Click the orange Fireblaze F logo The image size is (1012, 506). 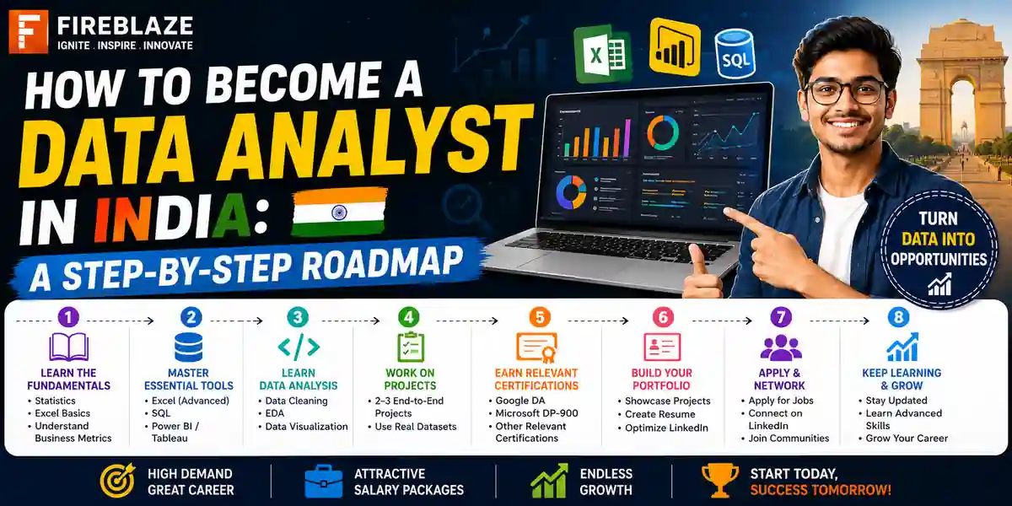28,32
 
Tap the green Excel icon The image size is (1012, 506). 602,54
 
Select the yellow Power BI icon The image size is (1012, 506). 675,47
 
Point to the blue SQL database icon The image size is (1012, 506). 735,54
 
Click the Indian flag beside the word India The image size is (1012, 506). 339,213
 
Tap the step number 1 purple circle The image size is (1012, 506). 68,317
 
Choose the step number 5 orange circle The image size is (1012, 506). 540,317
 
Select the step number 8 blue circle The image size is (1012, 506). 898,317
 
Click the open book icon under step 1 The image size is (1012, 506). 68,347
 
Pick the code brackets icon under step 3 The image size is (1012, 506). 299,347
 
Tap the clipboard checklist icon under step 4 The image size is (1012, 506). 410,347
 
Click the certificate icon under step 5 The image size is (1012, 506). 536,347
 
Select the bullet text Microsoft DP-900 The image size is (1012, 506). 536,413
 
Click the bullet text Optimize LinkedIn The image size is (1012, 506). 666,428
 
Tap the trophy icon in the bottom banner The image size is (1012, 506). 720,480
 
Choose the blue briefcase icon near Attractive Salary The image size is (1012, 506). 324,482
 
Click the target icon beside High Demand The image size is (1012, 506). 118,480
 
